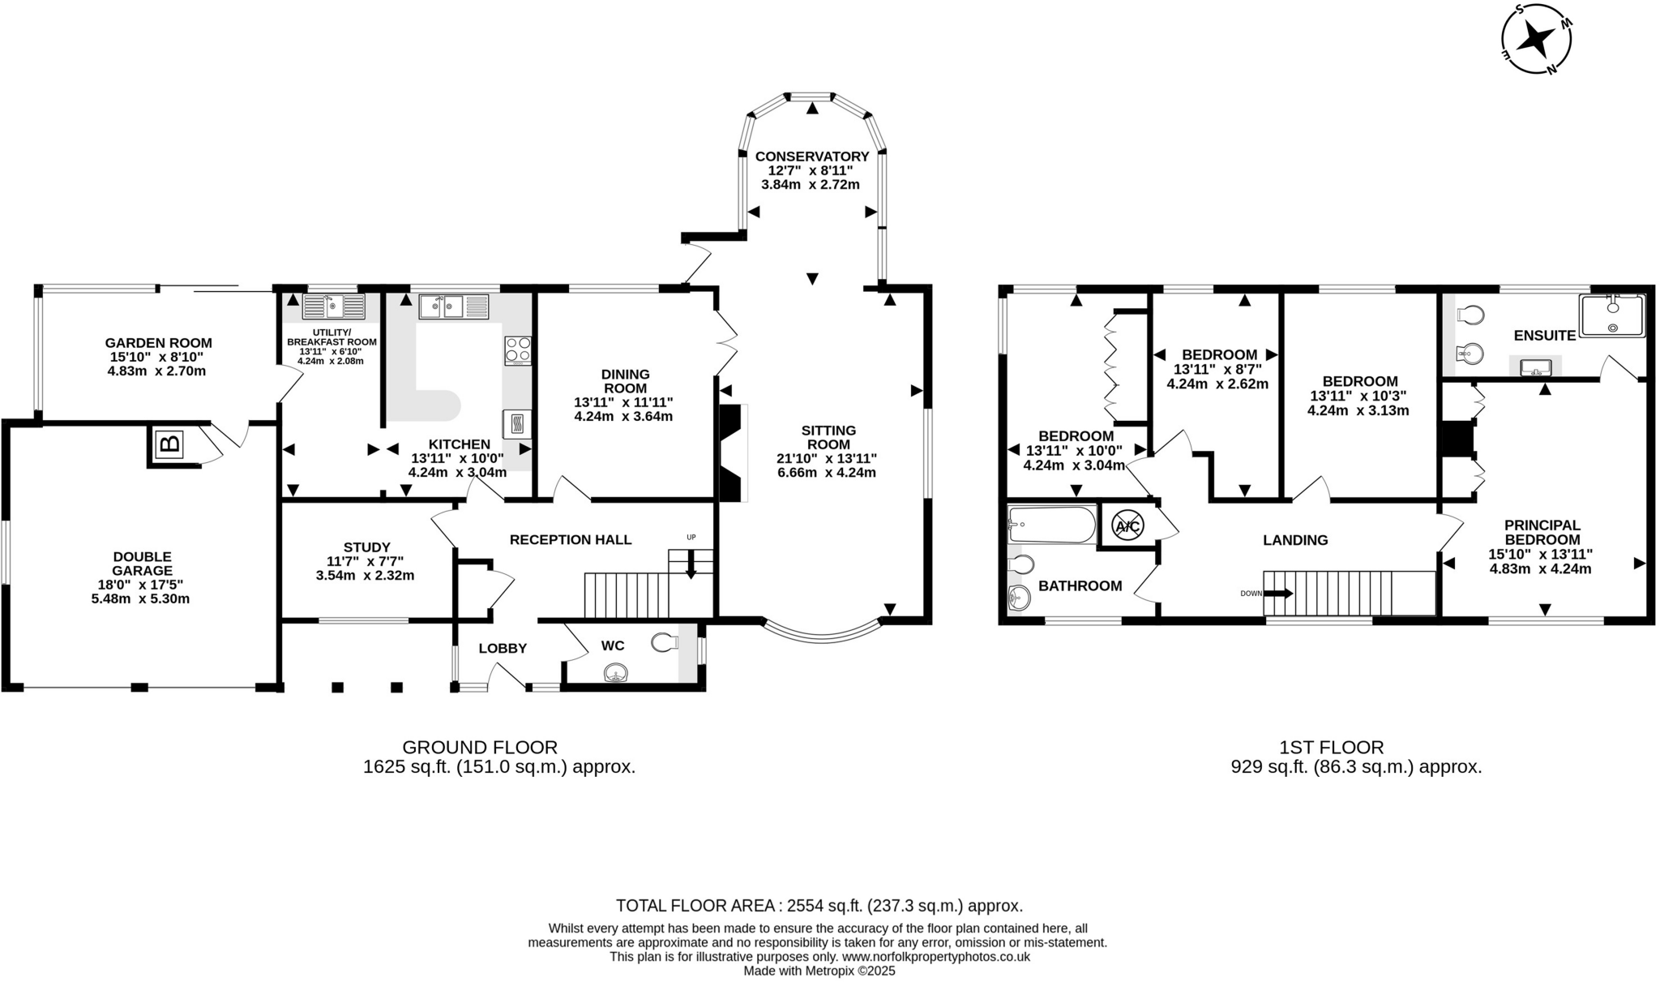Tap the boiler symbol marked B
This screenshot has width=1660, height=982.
coord(169,444)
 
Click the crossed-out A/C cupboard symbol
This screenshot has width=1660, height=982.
coord(1127,526)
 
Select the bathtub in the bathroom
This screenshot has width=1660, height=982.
coord(1051,525)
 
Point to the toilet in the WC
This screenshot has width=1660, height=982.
coord(664,643)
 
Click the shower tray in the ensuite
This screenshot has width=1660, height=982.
coord(1611,315)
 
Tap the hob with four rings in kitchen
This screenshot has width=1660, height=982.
coord(518,350)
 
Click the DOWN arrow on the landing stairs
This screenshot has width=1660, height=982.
coord(1277,594)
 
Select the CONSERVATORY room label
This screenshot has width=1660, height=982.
coord(811,157)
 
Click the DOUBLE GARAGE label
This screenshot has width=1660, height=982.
coord(142,564)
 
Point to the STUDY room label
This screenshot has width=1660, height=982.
coord(366,547)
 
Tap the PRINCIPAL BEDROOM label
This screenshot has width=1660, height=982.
coord(1542,532)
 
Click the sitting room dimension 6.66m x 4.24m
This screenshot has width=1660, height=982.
coord(826,473)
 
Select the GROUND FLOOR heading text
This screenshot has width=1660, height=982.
coord(480,747)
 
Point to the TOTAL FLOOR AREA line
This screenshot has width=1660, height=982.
coord(819,906)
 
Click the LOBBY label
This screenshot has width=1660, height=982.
coord(503,649)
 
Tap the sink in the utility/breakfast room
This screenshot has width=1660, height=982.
coord(333,307)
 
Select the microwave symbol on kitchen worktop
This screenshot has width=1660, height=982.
coord(517,424)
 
